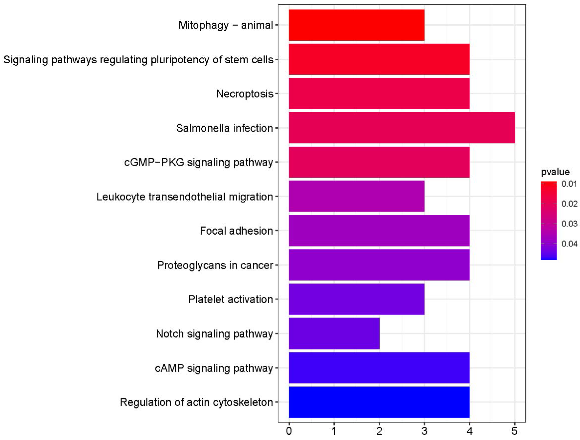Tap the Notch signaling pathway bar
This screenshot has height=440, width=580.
[x=334, y=333]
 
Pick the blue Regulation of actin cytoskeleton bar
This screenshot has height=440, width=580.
[x=379, y=402]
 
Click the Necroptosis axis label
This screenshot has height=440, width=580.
[x=245, y=94]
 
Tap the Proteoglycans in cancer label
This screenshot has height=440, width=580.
[x=215, y=265]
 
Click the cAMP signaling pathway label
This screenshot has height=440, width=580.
[x=214, y=368]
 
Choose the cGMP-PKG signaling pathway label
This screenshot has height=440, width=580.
[x=198, y=162]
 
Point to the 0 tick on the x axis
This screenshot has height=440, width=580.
[x=289, y=431]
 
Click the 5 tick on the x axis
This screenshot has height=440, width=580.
[x=514, y=431]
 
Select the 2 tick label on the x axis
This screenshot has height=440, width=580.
[x=379, y=431]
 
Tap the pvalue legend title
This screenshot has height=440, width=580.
[x=555, y=172]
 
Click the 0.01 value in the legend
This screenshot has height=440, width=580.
[x=569, y=184]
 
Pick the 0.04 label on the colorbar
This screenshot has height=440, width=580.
[x=569, y=244]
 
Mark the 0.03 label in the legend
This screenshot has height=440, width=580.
[x=569, y=224]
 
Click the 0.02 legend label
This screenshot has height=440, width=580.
[x=569, y=204]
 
